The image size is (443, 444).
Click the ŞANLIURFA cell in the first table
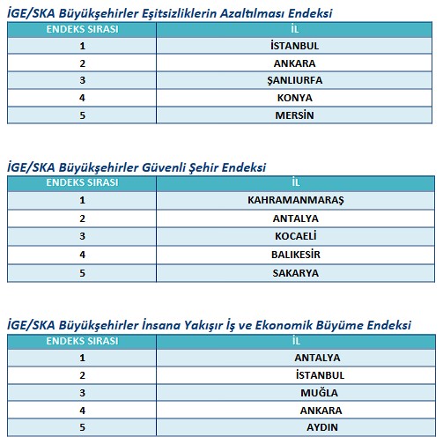click(x=295, y=80)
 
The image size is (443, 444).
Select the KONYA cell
click(x=295, y=98)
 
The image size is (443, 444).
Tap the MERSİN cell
click(x=295, y=115)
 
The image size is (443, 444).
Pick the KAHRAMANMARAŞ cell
click(x=295, y=200)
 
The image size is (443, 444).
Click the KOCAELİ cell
click(x=295, y=235)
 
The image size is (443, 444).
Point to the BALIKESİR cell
click(x=295, y=255)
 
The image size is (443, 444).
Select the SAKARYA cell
click(x=295, y=273)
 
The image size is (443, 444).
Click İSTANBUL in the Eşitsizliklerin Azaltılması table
click(x=295, y=45)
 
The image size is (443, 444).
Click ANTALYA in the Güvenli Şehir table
click(x=295, y=218)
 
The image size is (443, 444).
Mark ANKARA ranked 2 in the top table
click(x=295, y=63)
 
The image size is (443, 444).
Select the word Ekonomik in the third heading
click(x=321, y=324)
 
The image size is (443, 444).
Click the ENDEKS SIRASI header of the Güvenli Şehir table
click(x=82, y=182)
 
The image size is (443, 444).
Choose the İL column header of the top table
click(x=295, y=29)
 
